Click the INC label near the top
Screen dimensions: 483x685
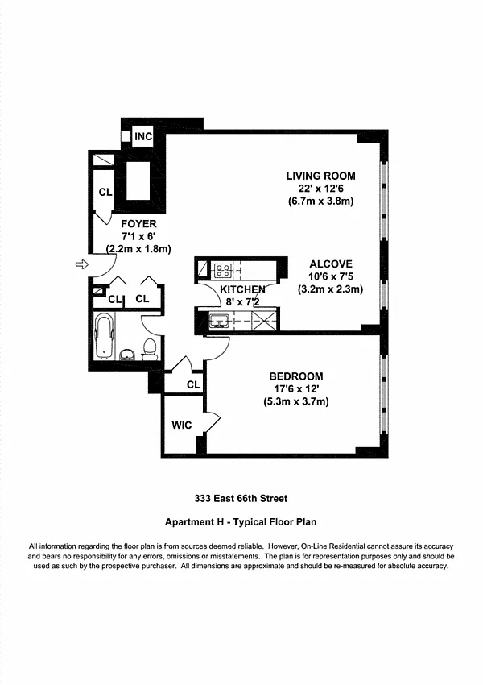[x=143, y=137]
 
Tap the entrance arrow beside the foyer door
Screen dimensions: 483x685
[x=82, y=264]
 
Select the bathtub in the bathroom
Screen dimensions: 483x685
[x=105, y=336]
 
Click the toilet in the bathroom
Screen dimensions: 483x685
[x=150, y=350]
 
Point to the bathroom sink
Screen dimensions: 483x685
[x=127, y=355]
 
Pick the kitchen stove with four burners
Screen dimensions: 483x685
[x=222, y=270]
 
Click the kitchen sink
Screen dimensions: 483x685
[x=218, y=321]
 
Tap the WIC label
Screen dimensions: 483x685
[x=181, y=425]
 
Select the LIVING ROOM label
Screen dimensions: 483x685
[x=320, y=176]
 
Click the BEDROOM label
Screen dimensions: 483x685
[x=295, y=376]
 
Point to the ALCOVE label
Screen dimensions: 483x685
[x=331, y=264]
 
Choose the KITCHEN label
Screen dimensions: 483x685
[x=242, y=289]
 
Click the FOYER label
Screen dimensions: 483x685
[x=138, y=224]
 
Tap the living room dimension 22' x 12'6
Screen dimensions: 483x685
[x=320, y=189]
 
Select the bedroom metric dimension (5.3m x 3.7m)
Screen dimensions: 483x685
[x=295, y=401]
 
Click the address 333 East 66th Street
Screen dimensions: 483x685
[x=241, y=499]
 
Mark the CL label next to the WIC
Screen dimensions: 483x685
[x=193, y=384]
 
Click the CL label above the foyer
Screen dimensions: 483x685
[x=105, y=193]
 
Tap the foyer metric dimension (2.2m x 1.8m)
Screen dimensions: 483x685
[x=138, y=249]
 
